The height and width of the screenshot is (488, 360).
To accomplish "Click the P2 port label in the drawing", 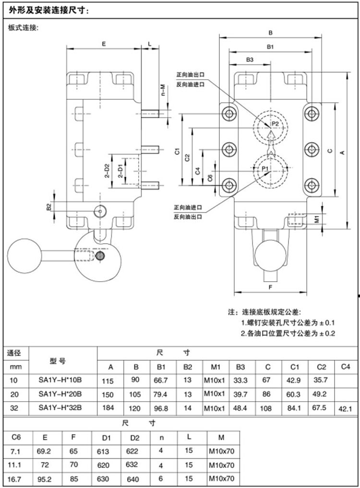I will (275, 124).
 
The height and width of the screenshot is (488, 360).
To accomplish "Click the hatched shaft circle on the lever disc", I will (100, 255).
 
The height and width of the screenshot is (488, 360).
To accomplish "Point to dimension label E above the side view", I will (104, 44).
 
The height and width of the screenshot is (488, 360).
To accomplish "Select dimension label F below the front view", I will (270, 287).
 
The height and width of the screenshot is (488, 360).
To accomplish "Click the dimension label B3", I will (250, 60).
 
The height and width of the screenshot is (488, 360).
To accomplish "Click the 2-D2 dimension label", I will (107, 171).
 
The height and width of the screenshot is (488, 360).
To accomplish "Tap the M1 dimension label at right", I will (316, 219).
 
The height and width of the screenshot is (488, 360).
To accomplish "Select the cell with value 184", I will (110, 408).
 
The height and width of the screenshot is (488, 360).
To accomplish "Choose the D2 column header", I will (134, 438).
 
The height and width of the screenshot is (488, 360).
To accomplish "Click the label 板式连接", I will (23, 28).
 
